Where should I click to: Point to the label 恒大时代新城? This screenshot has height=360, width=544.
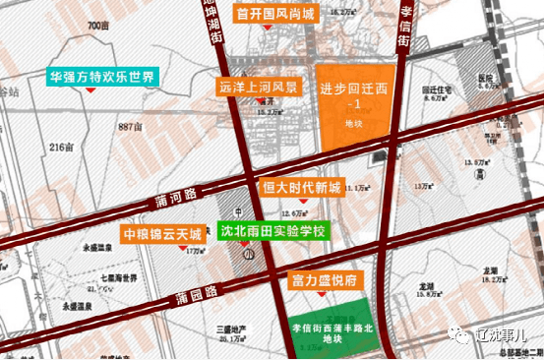point(301,187)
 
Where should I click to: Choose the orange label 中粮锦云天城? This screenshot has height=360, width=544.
point(163,235)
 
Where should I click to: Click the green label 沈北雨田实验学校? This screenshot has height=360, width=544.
point(272,233)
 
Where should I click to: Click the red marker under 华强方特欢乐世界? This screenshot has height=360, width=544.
point(91,90)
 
